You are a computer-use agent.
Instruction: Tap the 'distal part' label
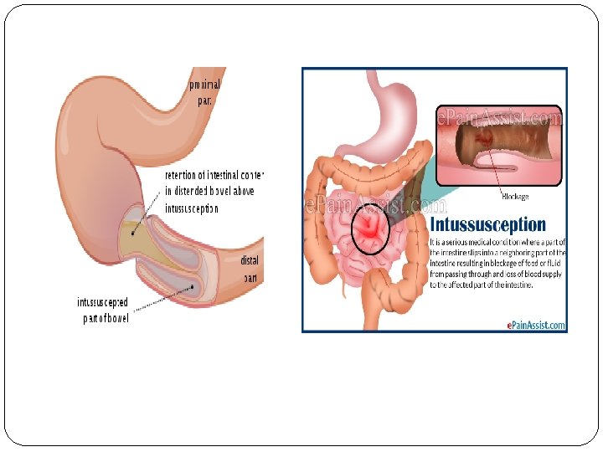[x=250, y=268]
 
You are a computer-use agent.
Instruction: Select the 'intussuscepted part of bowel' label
[x=103, y=310]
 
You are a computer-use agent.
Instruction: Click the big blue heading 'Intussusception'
[x=487, y=224]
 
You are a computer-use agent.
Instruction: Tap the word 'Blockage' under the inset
[x=514, y=197]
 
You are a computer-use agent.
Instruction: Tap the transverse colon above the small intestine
[x=368, y=172]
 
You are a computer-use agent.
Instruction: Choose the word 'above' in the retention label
[x=242, y=192]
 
